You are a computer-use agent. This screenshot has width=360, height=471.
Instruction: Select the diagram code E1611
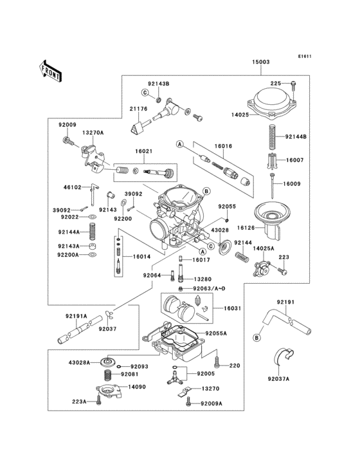[304, 56]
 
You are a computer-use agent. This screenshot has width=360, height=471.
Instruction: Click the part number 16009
[293, 183]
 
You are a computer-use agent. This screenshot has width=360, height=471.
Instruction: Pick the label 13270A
[92, 133]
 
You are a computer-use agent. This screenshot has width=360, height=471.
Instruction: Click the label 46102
[73, 187]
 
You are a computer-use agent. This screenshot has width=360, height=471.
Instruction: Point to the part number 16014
[141, 256]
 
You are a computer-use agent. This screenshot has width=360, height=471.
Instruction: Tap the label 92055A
[218, 334]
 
